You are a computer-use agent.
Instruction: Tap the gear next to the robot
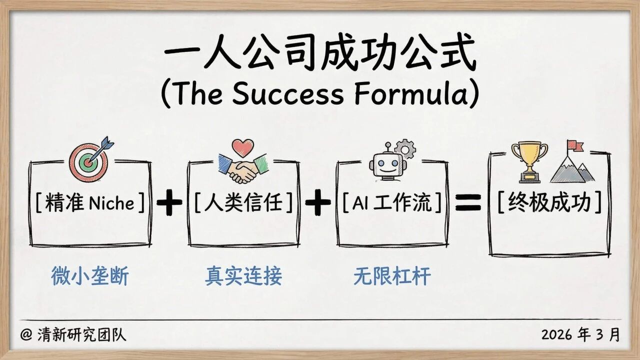pyautogui.click(x=404, y=148)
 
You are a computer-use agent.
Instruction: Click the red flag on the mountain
pyautogui.click(x=575, y=145)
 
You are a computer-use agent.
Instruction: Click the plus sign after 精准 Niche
pyautogui.click(x=169, y=204)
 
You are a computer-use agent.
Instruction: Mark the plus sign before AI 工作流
pyautogui.click(x=318, y=204)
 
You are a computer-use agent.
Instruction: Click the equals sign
pyautogui.click(x=467, y=203)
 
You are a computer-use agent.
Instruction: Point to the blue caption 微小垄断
pyautogui.click(x=89, y=275)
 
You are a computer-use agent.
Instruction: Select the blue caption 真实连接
pyautogui.click(x=243, y=275)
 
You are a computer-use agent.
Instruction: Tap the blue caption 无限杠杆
pyautogui.click(x=392, y=275)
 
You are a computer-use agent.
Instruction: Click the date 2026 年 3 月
pyautogui.click(x=580, y=334)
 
